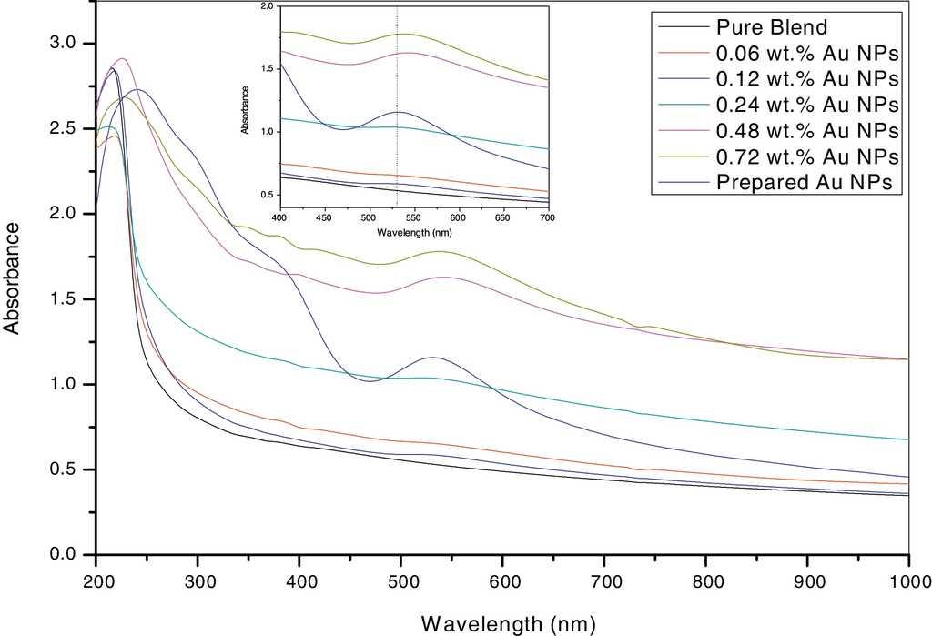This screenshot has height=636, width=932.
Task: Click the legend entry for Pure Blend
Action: coord(775,25)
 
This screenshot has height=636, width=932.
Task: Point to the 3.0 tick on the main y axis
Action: coord(72,44)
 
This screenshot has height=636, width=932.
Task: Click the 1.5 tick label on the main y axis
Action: coord(72,299)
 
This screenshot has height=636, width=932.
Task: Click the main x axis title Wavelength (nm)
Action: coord(508,623)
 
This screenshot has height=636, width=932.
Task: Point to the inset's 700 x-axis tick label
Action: coord(548,219)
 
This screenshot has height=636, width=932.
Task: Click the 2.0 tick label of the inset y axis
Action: coord(266,6)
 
